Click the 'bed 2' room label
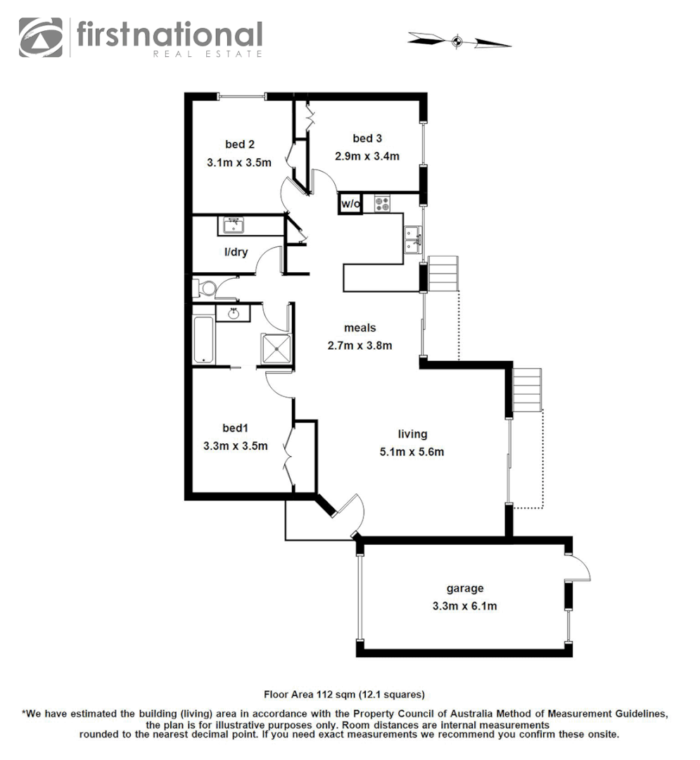240,144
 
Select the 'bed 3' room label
367,139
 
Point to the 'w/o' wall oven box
350,204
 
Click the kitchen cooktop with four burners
382,204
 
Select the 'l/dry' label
236,252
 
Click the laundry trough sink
233,226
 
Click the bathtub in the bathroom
203,339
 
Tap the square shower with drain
276,348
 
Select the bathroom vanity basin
233,312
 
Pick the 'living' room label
412,434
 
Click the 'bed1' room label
235,428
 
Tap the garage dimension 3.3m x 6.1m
465,606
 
